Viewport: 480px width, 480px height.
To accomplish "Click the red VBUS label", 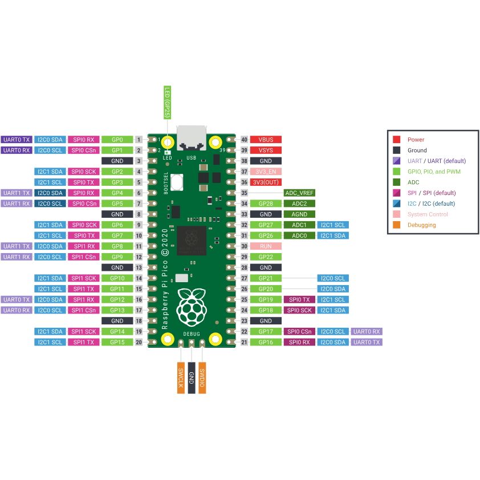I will [266, 140].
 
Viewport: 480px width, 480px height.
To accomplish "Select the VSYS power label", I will [266, 150].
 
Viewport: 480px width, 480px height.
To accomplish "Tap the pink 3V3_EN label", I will [266, 172].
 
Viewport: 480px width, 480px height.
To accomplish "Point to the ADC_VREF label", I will [299, 193].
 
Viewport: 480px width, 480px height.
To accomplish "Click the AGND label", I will [299, 214].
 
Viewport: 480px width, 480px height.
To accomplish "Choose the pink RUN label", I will [266, 246].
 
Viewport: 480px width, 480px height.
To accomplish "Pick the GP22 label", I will [266, 257].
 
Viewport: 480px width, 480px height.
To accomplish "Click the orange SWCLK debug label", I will [181, 377].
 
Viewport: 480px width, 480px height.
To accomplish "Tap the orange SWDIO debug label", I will [202, 377].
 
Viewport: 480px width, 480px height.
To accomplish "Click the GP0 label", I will [117, 140].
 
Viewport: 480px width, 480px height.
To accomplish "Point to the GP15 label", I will [117, 342].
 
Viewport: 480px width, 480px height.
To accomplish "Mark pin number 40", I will [244, 140].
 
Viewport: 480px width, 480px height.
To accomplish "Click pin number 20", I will [139, 342].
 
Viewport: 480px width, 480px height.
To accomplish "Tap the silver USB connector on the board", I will [192, 137].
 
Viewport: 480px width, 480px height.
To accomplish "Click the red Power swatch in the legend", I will [396, 140].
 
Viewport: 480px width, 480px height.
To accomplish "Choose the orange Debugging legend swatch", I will [396, 225].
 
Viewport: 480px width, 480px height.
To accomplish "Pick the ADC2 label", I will [299, 204].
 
